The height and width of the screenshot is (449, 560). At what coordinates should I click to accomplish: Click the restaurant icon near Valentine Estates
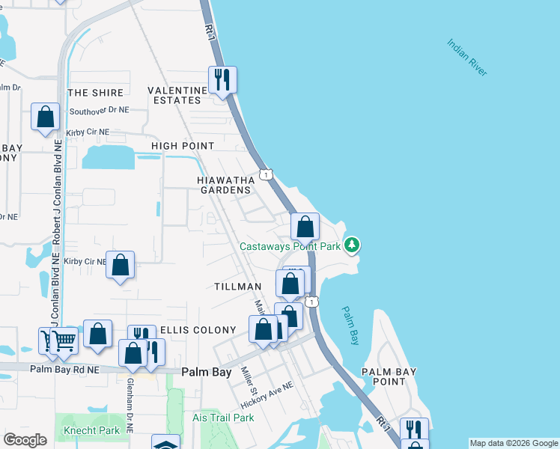(x=222, y=79)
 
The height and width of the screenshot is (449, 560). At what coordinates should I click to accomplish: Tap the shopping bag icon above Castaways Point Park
(x=305, y=227)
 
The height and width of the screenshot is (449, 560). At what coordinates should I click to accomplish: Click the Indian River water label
(x=467, y=57)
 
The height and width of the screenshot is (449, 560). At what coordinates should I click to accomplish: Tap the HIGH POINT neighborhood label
(x=183, y=146)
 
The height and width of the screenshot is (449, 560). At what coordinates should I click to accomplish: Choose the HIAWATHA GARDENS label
(x=225, y=185)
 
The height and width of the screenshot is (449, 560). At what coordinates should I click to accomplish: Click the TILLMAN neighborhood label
(x=237, y=287)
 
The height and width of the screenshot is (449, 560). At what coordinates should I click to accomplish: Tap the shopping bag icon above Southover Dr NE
(x=45, y=117)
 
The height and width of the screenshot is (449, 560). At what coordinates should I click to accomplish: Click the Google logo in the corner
(x=25, y=440)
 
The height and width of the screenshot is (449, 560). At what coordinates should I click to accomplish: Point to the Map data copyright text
(x=514, y=443)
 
